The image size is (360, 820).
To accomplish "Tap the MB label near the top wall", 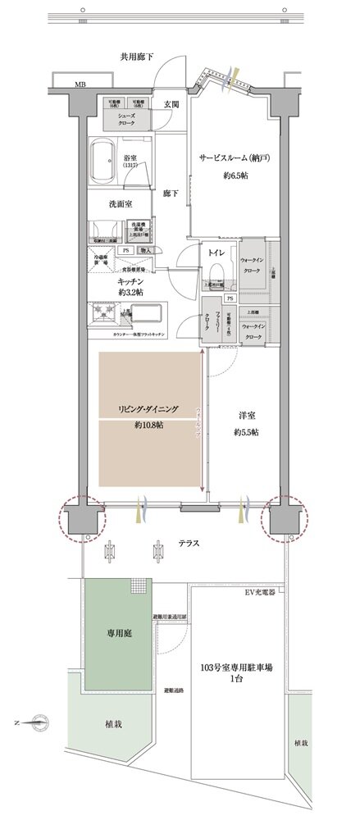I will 80,84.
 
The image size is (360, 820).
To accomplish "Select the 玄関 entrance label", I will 171,104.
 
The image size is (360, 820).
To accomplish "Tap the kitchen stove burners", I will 106,315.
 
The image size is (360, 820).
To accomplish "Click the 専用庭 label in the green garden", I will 114,634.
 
